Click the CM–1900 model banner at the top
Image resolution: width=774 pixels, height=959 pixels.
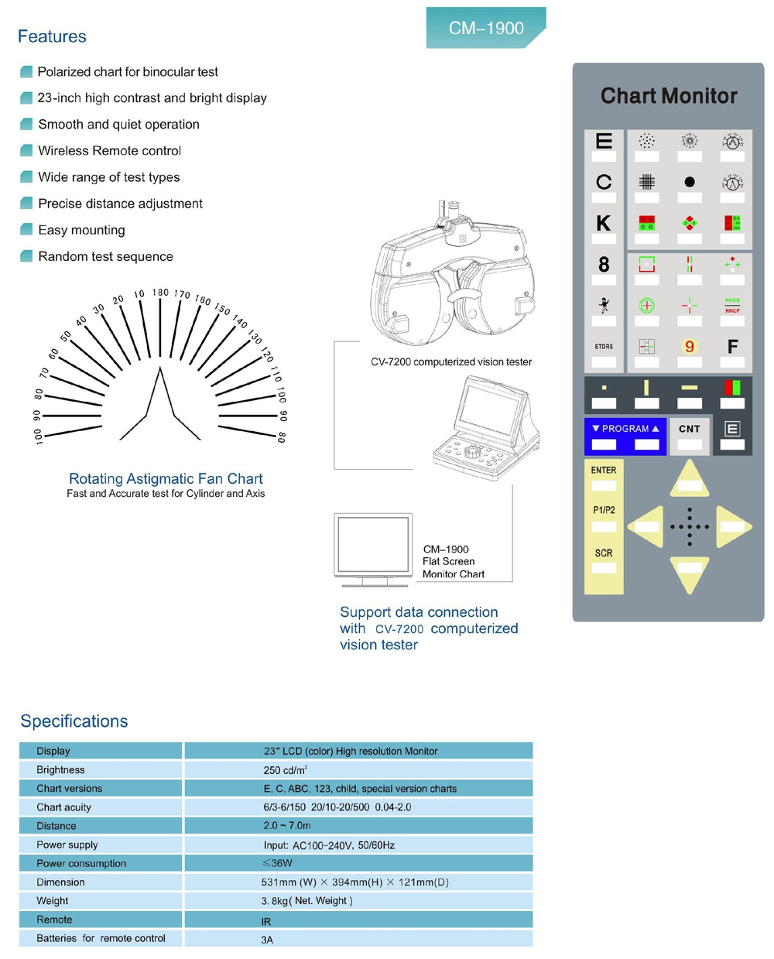[x=485, y=28]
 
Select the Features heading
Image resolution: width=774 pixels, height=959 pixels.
[x=52, y=36]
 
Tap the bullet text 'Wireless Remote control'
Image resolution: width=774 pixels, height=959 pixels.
[x=109, y=151]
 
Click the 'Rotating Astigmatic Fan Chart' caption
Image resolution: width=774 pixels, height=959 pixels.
[x=166, y=478]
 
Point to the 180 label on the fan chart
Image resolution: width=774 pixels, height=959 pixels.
[x=160, y=293]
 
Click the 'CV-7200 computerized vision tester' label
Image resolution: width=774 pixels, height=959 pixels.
[x=450, y=361]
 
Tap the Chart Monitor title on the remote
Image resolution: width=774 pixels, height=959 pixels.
[x=669, y=96]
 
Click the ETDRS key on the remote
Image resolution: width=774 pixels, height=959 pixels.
[x=604, y=347]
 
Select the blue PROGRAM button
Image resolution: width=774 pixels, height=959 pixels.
[x=625, y=429]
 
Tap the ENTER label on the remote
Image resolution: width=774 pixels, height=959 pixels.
[x=604, y=470]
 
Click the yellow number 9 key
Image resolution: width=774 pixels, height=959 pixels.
[x=689, y=347]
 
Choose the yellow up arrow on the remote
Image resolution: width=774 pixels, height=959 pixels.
[x=689, y=478]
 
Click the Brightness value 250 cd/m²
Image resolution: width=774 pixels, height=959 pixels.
[x=285, y=770]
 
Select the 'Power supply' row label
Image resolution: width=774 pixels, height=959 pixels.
[x=67, y=844]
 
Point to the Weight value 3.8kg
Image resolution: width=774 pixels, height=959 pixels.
[x=307, y=901]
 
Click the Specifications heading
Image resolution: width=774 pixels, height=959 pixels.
[x=74, y=721]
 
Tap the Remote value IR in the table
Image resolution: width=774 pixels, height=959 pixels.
[x=266, y=921]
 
